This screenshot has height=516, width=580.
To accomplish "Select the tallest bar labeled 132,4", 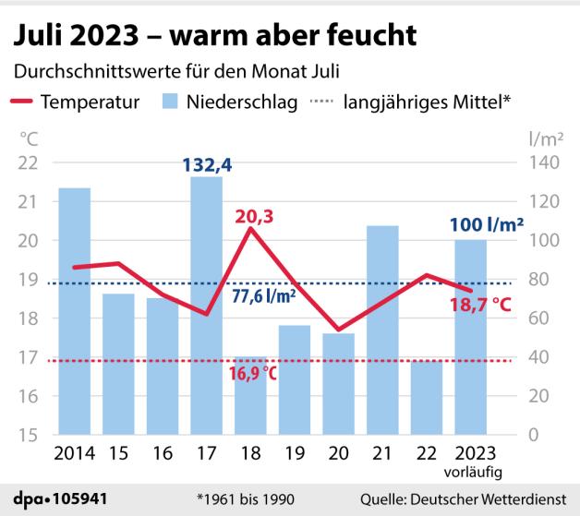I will tap(206, 306).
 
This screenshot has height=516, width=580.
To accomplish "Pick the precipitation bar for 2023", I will tap(470, 337).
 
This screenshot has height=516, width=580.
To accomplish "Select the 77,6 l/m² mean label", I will tap(264, 296).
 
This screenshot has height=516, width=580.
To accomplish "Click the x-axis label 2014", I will tap(75, 454).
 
